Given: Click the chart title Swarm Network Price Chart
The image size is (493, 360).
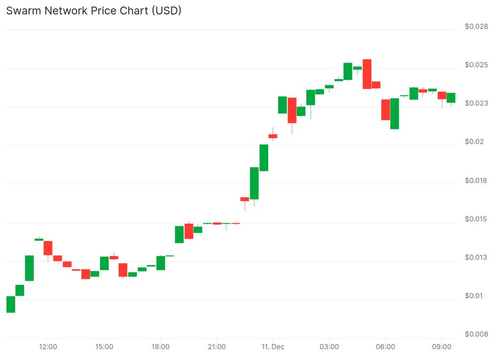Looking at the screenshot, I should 93,10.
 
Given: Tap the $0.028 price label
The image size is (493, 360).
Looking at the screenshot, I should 476,26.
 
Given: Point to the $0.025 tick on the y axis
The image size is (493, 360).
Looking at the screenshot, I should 476,65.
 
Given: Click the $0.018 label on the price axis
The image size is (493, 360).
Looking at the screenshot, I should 476,180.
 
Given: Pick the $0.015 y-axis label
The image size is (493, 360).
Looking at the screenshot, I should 476,219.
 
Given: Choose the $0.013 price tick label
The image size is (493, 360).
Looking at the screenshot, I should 476,257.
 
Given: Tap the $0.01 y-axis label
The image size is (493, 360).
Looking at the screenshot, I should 474,296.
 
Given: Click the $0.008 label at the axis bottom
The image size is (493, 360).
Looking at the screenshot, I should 476,334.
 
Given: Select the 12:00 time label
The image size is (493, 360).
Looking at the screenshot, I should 48,347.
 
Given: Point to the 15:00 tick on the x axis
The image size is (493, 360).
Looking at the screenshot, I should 104,347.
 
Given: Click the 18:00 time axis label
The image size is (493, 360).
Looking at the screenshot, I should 161,347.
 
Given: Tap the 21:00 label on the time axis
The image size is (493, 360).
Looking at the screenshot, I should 217,347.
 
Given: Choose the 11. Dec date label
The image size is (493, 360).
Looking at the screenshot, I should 273,347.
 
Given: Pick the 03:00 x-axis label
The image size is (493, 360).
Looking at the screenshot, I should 329,347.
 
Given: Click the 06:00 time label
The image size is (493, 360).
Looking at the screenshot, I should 386,347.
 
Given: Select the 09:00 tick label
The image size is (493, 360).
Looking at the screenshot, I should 442,347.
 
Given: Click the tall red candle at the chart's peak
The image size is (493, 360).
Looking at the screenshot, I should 367,74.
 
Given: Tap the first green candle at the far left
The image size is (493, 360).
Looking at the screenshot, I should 10,304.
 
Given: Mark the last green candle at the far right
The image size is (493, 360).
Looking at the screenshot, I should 451,98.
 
